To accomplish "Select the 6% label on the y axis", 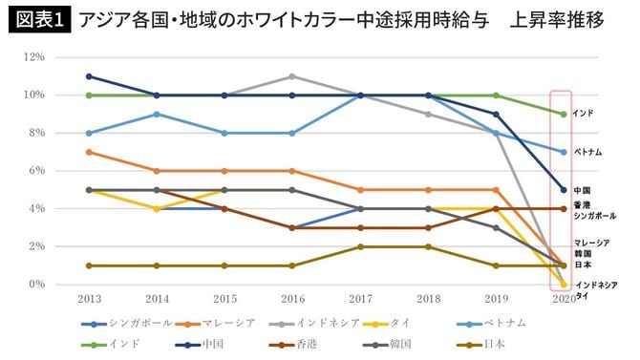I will (x=36, y=171).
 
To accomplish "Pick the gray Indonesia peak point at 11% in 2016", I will (x=292, y=76).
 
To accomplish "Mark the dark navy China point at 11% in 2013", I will (x=88, y=76).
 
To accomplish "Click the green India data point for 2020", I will (x=563, y=114).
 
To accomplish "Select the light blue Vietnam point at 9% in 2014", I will (x=157, y=114).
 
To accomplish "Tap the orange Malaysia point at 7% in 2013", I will (x=88, y=152).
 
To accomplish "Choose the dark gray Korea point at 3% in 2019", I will (x=495, y=227).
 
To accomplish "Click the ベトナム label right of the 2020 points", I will (x=587, y=152).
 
